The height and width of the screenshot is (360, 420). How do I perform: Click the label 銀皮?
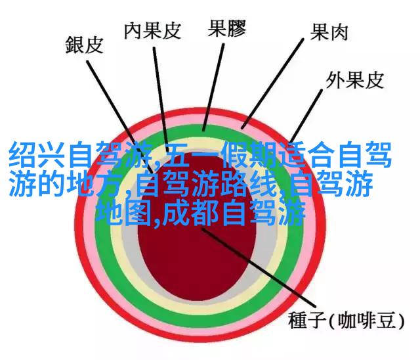[x=85, y=45]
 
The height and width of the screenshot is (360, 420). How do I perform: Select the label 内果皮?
[x=153, y=31]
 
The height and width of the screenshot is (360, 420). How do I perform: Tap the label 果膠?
[x=227, y=28]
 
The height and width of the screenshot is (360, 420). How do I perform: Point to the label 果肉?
[x=329, y=32]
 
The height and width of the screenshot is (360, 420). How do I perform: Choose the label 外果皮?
[x=355, y=80]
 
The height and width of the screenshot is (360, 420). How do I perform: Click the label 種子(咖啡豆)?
[x=346, y=321]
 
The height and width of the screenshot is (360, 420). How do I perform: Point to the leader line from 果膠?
[x=213, y=87]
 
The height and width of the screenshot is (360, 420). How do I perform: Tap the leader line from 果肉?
[x=272, y=83]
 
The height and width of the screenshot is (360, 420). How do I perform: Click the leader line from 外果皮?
[x=306, y=116]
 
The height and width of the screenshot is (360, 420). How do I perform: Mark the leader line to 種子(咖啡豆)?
[x=259, y=267]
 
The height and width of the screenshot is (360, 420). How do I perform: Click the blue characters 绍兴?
[x=37, y=156]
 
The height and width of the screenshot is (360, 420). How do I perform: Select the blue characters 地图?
[x=124, y=214]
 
